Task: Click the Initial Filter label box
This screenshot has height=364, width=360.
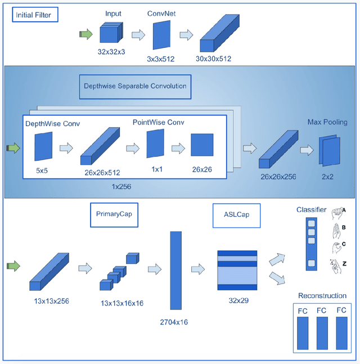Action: tap(35, 16)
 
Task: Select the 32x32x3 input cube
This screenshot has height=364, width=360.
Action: tap(111, 33)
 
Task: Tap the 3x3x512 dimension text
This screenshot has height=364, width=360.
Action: tap(161, 58)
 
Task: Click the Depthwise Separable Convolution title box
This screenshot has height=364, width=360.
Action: tap(134, 86)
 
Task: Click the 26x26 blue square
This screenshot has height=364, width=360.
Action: tap(202, 145)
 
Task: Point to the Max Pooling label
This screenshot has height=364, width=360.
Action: tap(327, 122)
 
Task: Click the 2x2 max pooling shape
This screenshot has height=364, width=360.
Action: tap(329, 151)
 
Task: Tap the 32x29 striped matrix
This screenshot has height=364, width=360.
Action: tap(237, 270)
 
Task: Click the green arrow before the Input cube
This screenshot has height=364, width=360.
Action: tap(85, 34)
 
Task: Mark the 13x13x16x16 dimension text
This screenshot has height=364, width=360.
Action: tap(122, 303)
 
